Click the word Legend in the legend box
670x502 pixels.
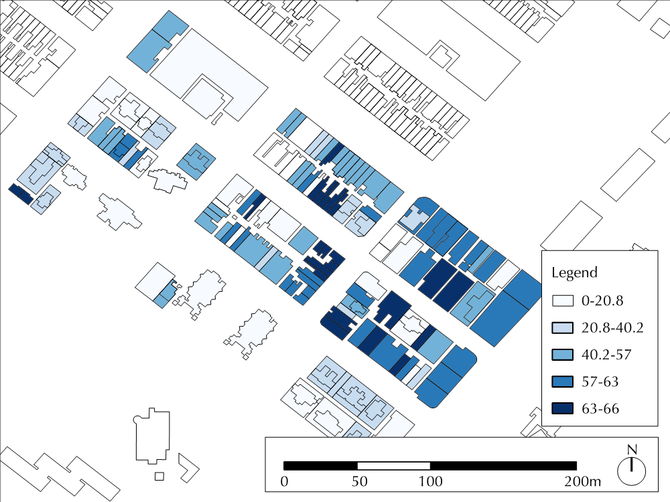click(574, 272)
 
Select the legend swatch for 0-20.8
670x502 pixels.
click(562, 301)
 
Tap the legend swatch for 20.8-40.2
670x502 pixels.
click(562, 328)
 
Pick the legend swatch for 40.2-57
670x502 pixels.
click(562, 355)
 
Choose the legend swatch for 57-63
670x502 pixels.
click(562, 382)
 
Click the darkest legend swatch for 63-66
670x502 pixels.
click(562, 408)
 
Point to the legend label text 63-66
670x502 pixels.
click(600, 409)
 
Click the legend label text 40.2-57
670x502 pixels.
click(606, 355)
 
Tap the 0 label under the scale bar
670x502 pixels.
click(284, 481)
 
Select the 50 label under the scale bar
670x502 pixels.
click(359, 481)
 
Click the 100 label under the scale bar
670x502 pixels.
click(430, 481)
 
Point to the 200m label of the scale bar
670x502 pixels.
click(582, 481)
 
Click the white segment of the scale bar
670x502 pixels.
click(393, 466)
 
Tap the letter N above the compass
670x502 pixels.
click(632, 450)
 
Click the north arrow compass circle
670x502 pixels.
click(632, 471)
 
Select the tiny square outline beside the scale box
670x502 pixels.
click(159, 476)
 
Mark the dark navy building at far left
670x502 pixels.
click(21, 194)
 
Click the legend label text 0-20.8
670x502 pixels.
click(602, 301)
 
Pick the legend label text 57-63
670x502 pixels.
click(600, 382)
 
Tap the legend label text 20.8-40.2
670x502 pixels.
click(612, 328)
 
